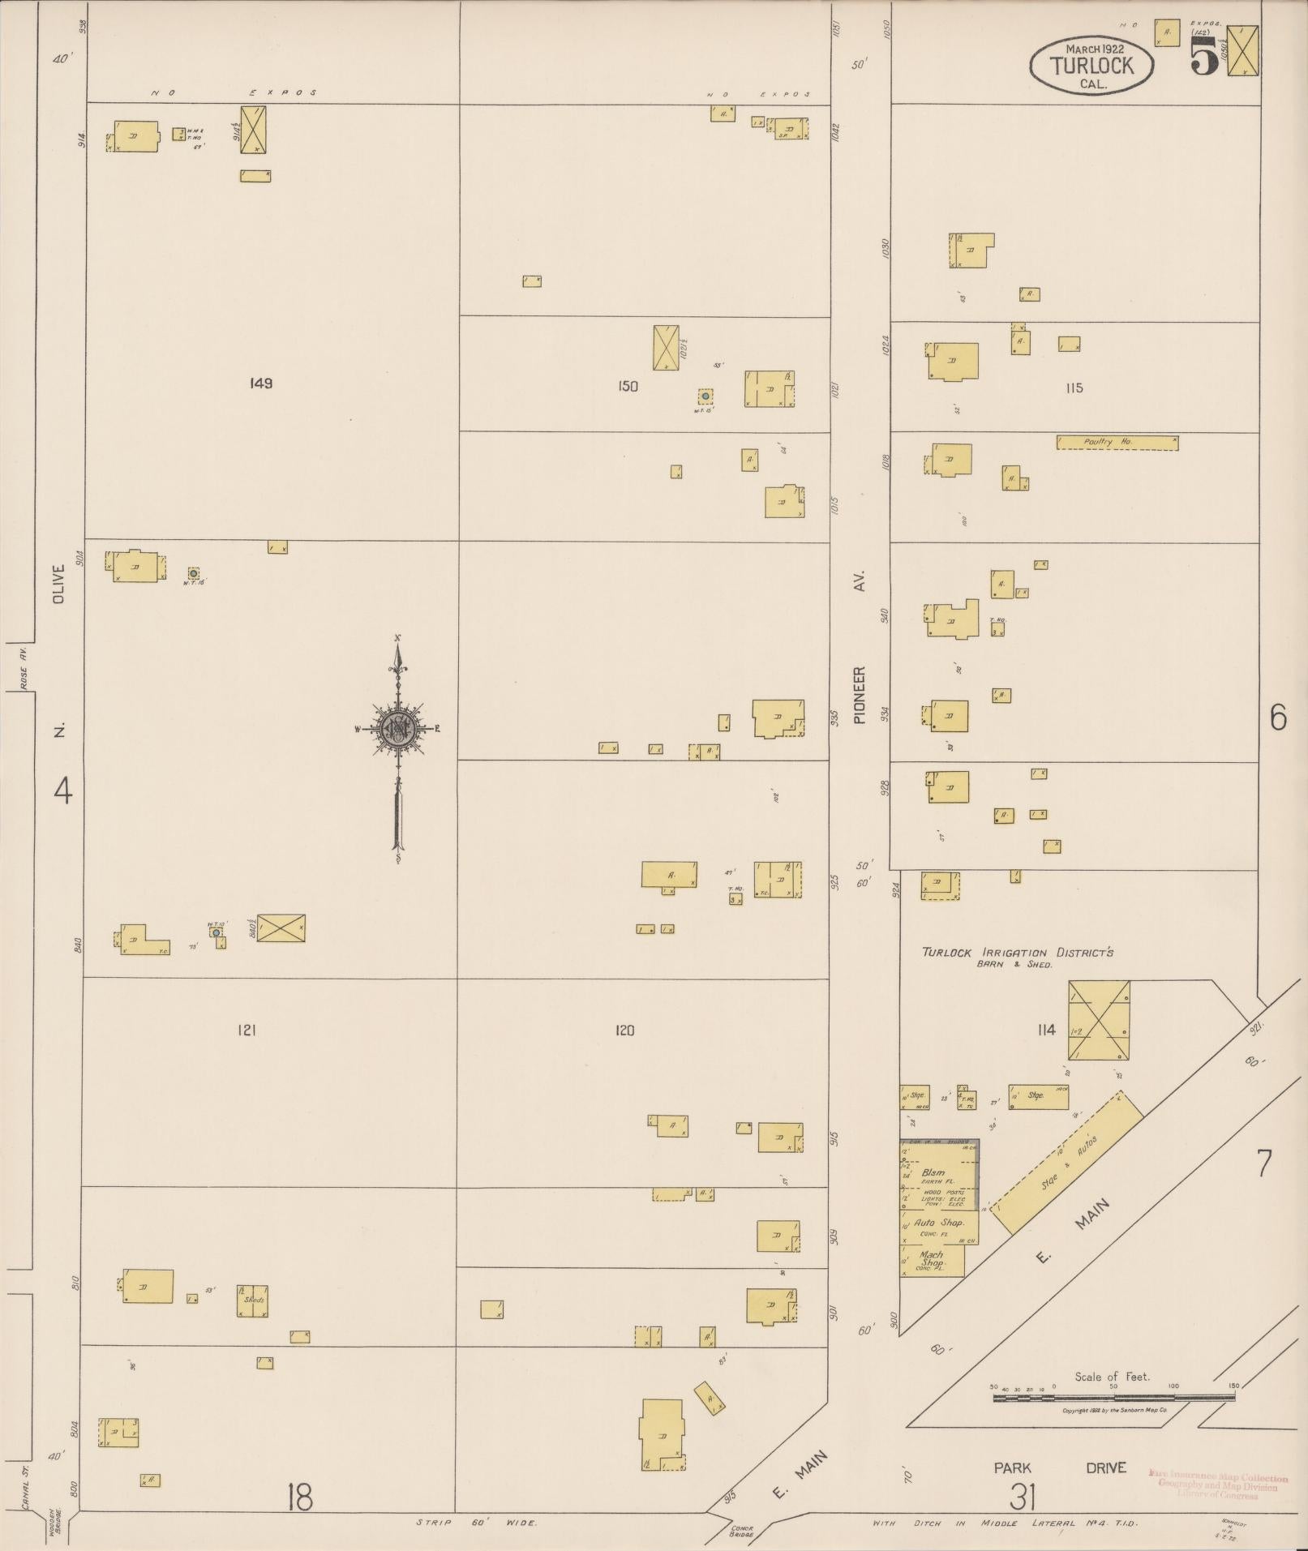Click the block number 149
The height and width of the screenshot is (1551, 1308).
pyautogui.click(x=261, y=383)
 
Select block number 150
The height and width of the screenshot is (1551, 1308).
pyautogui.click(x=628, y=387)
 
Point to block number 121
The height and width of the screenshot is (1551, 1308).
pyautogui.click(x=247, y=1030)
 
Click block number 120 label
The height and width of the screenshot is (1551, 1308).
pyautogui.click(x=624, y=1030)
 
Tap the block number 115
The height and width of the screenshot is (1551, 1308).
pyautogui.click(x=1074, y=388)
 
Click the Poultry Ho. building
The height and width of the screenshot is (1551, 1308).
pyautogui.click(x=1117, y=443)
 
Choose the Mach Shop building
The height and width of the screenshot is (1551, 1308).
pyautogui.click(x=932, y=1259)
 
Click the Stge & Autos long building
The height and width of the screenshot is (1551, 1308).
pyautogui.click(x=1066, y=1163)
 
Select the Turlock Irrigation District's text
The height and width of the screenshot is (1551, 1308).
pyautogui.click(x=1017, y=952)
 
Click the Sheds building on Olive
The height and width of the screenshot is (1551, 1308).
pyautogui.click(x=252, y=1300)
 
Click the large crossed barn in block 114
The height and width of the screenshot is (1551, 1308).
pyautogui.click(x=1099, y=1020)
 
